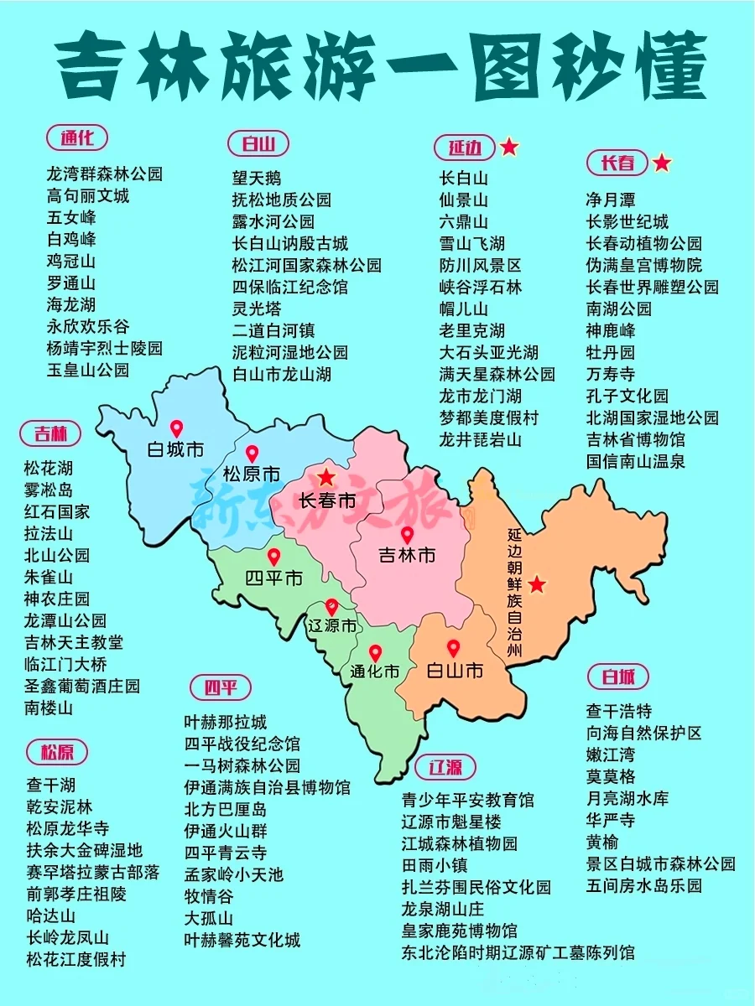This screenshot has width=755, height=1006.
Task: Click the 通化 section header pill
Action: (77, 137)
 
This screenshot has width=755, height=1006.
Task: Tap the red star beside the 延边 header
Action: (509, 148)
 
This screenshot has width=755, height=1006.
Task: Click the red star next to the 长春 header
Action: (662, 163)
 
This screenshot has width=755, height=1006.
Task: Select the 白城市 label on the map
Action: (175, 449)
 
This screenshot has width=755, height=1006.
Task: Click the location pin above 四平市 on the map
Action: (273, 557)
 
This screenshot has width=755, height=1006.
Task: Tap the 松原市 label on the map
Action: (252, 474)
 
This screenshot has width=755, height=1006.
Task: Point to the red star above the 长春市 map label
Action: (325, 478)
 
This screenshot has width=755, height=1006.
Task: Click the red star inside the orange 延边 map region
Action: (537, 584)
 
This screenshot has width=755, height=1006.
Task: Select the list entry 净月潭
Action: (610, 200)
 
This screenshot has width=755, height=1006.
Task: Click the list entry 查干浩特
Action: (618, 711)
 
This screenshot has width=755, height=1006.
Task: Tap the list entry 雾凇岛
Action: (49, 490)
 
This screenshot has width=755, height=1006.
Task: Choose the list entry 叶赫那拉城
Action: (226, 722)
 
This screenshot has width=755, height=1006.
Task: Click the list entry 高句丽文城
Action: (88, 196)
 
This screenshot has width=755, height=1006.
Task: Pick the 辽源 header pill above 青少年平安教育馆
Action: (445, 767)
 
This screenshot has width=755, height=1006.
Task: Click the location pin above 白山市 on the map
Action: (454, 648)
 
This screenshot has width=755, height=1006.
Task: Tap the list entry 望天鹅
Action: (257, 178)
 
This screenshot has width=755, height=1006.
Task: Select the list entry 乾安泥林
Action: (60, 806)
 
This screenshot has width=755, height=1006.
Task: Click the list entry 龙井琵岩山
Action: (480, 439)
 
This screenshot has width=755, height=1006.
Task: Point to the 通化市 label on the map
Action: (375, 671)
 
